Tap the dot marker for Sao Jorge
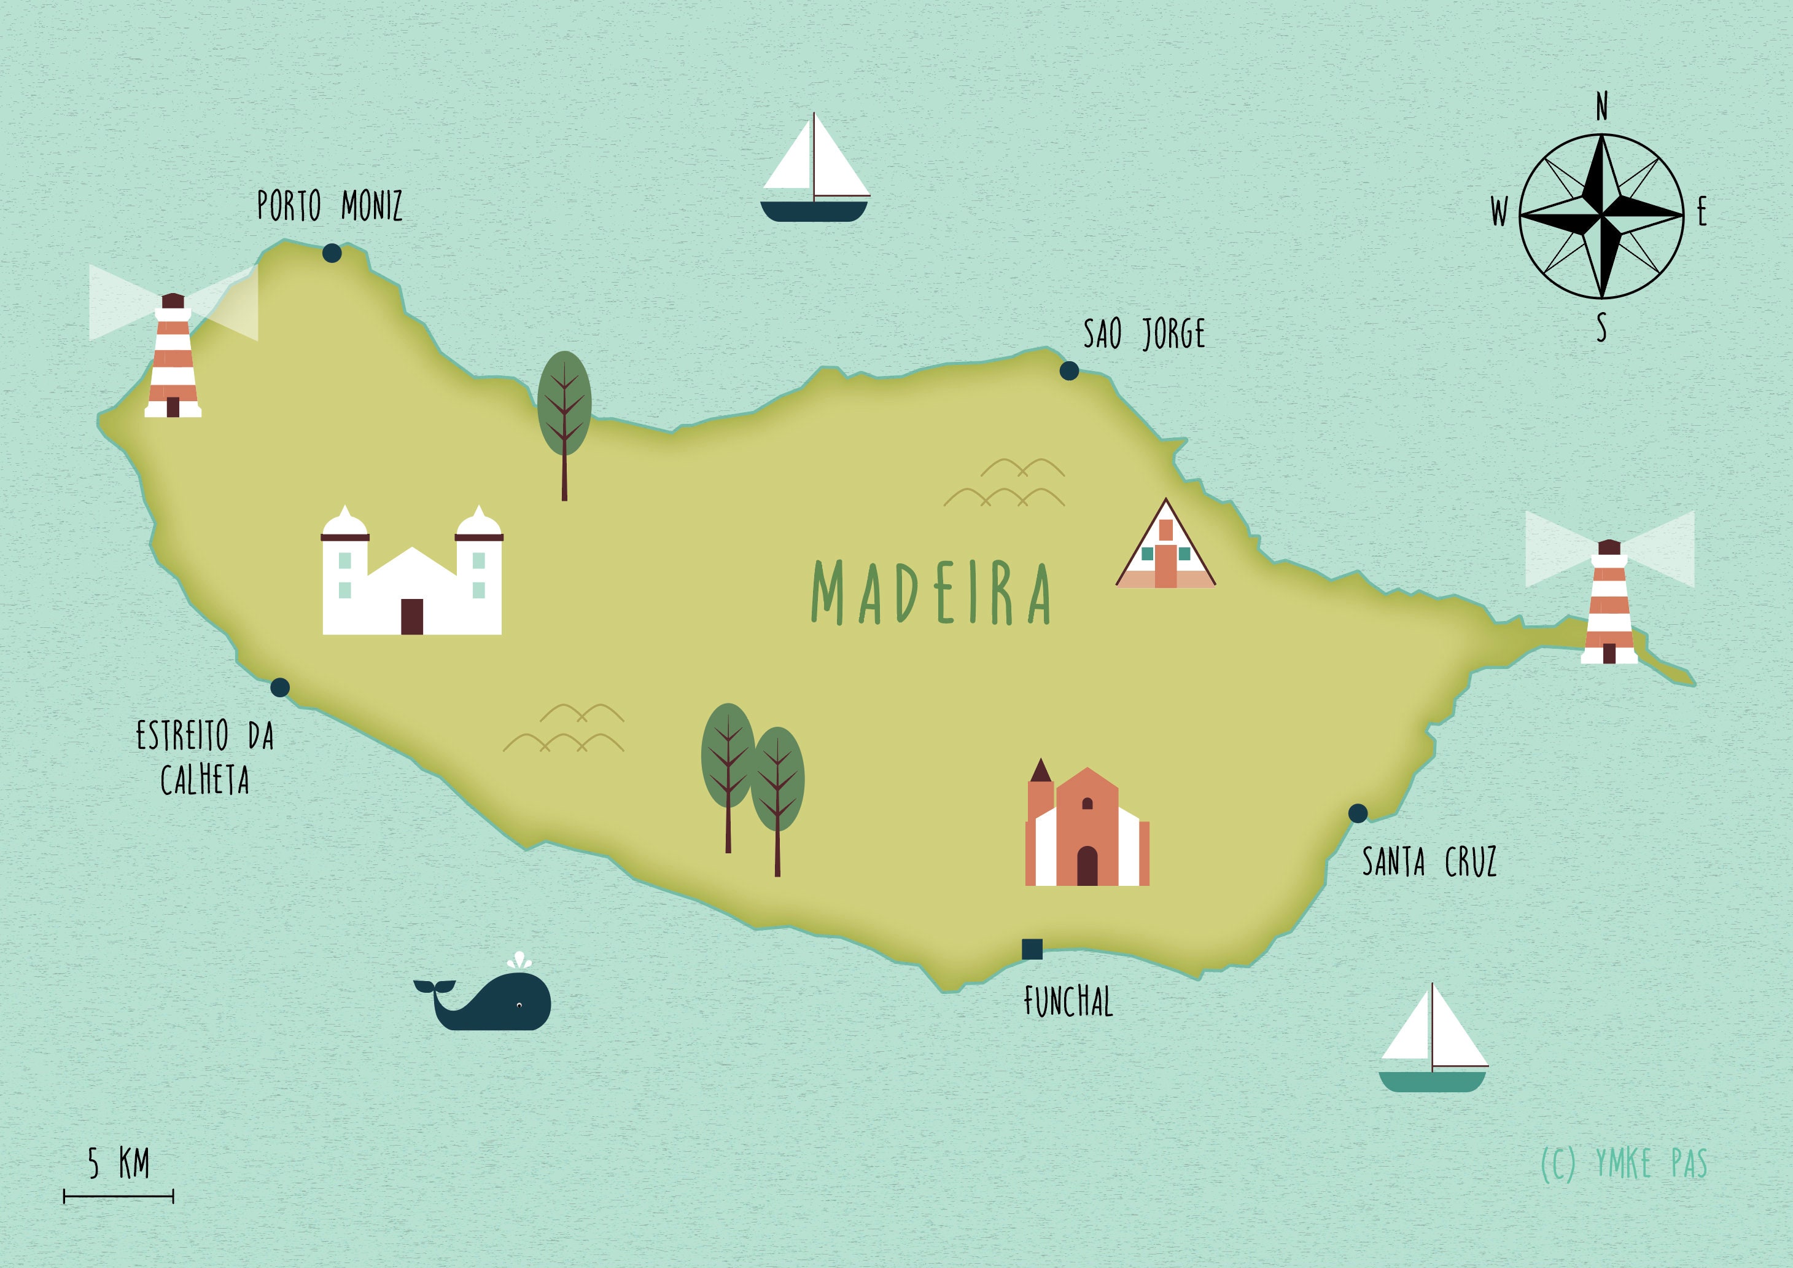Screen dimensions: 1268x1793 click(x=1069, y=371)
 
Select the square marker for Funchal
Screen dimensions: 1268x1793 click(x=1032, y=949)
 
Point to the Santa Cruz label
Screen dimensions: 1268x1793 click(x=1429, y=862)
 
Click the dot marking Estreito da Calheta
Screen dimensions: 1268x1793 click(x=279, y=687)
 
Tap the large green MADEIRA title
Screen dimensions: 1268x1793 click(x=931, y=592)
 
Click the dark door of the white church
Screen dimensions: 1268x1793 click(x=411, y=616)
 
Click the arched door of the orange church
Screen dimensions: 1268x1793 click(x=1087, y=866)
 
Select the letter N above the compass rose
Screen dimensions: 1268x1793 click(x=1601, y=106)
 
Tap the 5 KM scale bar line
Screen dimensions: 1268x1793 click(x=119, y=1196)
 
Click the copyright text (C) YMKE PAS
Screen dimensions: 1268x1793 click(x=1624, y=1164)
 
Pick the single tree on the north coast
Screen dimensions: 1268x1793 click(x=564, y=414)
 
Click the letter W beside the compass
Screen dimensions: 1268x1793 click(x=1499, y=212)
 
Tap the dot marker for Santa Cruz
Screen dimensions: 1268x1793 click(x=1358, y=813)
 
